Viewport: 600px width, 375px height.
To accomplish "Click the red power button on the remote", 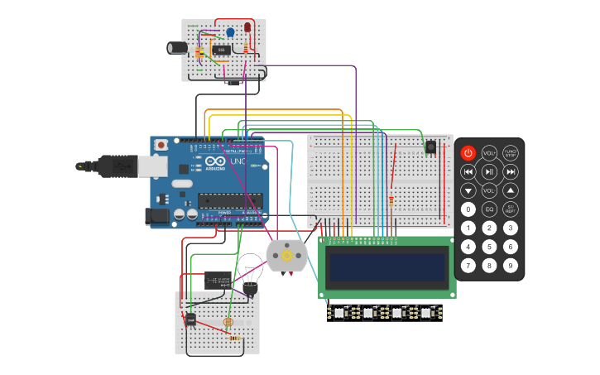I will pyautogui.click(x=468, y=153).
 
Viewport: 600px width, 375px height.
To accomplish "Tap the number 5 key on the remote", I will pyautogui.click(x=490, y=247).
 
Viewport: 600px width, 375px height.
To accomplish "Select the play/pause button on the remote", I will pyautogui.click(x=490, y=172).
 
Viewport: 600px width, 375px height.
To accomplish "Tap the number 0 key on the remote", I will pyautogui.click(x=468, y=209).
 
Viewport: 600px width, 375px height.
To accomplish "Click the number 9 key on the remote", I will pyautogui.click(x=511, y=266).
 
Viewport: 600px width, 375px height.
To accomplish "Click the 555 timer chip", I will pyautogui.click(x=221, y=50).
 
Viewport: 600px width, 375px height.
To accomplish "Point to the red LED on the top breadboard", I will pyautogui.click(x=247, y=29).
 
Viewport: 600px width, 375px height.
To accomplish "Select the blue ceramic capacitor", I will pyautogui.click(x=230, y=33).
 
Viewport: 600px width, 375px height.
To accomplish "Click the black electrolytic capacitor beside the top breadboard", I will pyautogui.click(x=177, y=48).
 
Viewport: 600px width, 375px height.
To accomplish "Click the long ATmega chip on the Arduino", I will pyautogui.click(x=230, y=200).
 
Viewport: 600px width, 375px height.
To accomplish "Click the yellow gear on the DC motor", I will pyautogui.click(x=287, y=257).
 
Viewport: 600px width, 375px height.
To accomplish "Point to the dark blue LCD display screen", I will pyautogui.click(x=386, y=267).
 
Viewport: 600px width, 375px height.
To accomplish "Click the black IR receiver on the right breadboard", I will pyautogui.click(x=430, y=147).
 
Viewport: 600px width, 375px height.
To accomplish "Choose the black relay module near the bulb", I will pyautogui.click(x=218, y=280).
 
